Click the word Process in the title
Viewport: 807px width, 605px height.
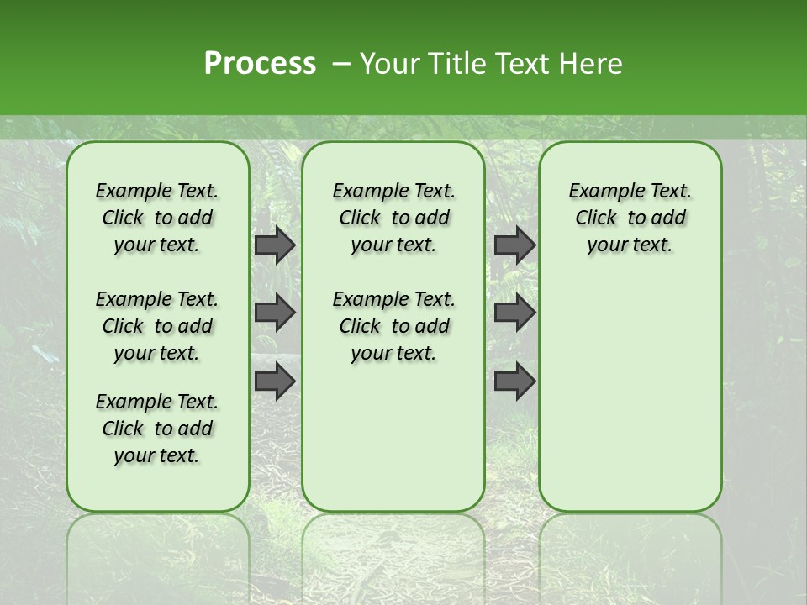point(260,63)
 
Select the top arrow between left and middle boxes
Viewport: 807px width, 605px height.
point(274,245)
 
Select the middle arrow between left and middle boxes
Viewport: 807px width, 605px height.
point(274,313)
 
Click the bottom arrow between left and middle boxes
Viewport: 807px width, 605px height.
point(274,381)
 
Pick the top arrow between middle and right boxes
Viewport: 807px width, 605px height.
point(514,245)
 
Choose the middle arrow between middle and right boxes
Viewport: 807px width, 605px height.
point(514,313)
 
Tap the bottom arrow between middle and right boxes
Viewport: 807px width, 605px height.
point(514,381)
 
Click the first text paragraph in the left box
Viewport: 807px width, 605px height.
point(157,218)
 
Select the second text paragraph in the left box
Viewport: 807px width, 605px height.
point(157,326)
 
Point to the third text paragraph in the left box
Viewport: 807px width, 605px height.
point(157,429)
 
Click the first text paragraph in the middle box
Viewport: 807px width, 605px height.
point(393,218)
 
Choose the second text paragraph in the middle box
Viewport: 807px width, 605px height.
point(393,326)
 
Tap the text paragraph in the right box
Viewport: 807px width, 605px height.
point(630,218)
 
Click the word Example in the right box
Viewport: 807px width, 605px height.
point(600,192)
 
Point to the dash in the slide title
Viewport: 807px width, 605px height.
point(341,64)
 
